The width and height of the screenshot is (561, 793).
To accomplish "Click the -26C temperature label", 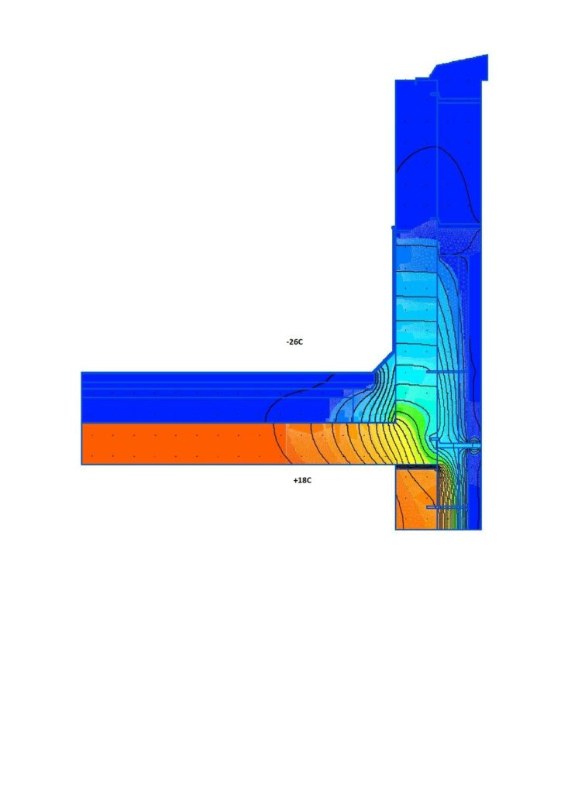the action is click(x=294, y=342).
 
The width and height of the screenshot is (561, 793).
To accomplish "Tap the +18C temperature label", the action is click(x=302, y=480).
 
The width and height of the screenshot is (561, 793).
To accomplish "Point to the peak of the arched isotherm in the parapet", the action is click(x=432, y=146).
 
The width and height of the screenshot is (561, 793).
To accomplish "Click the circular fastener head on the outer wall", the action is click(x=475, y=445).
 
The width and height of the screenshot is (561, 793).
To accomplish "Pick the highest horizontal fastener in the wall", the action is click(x=446, y=372).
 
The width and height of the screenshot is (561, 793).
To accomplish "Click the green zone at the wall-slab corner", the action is click(x=411, y=416).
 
